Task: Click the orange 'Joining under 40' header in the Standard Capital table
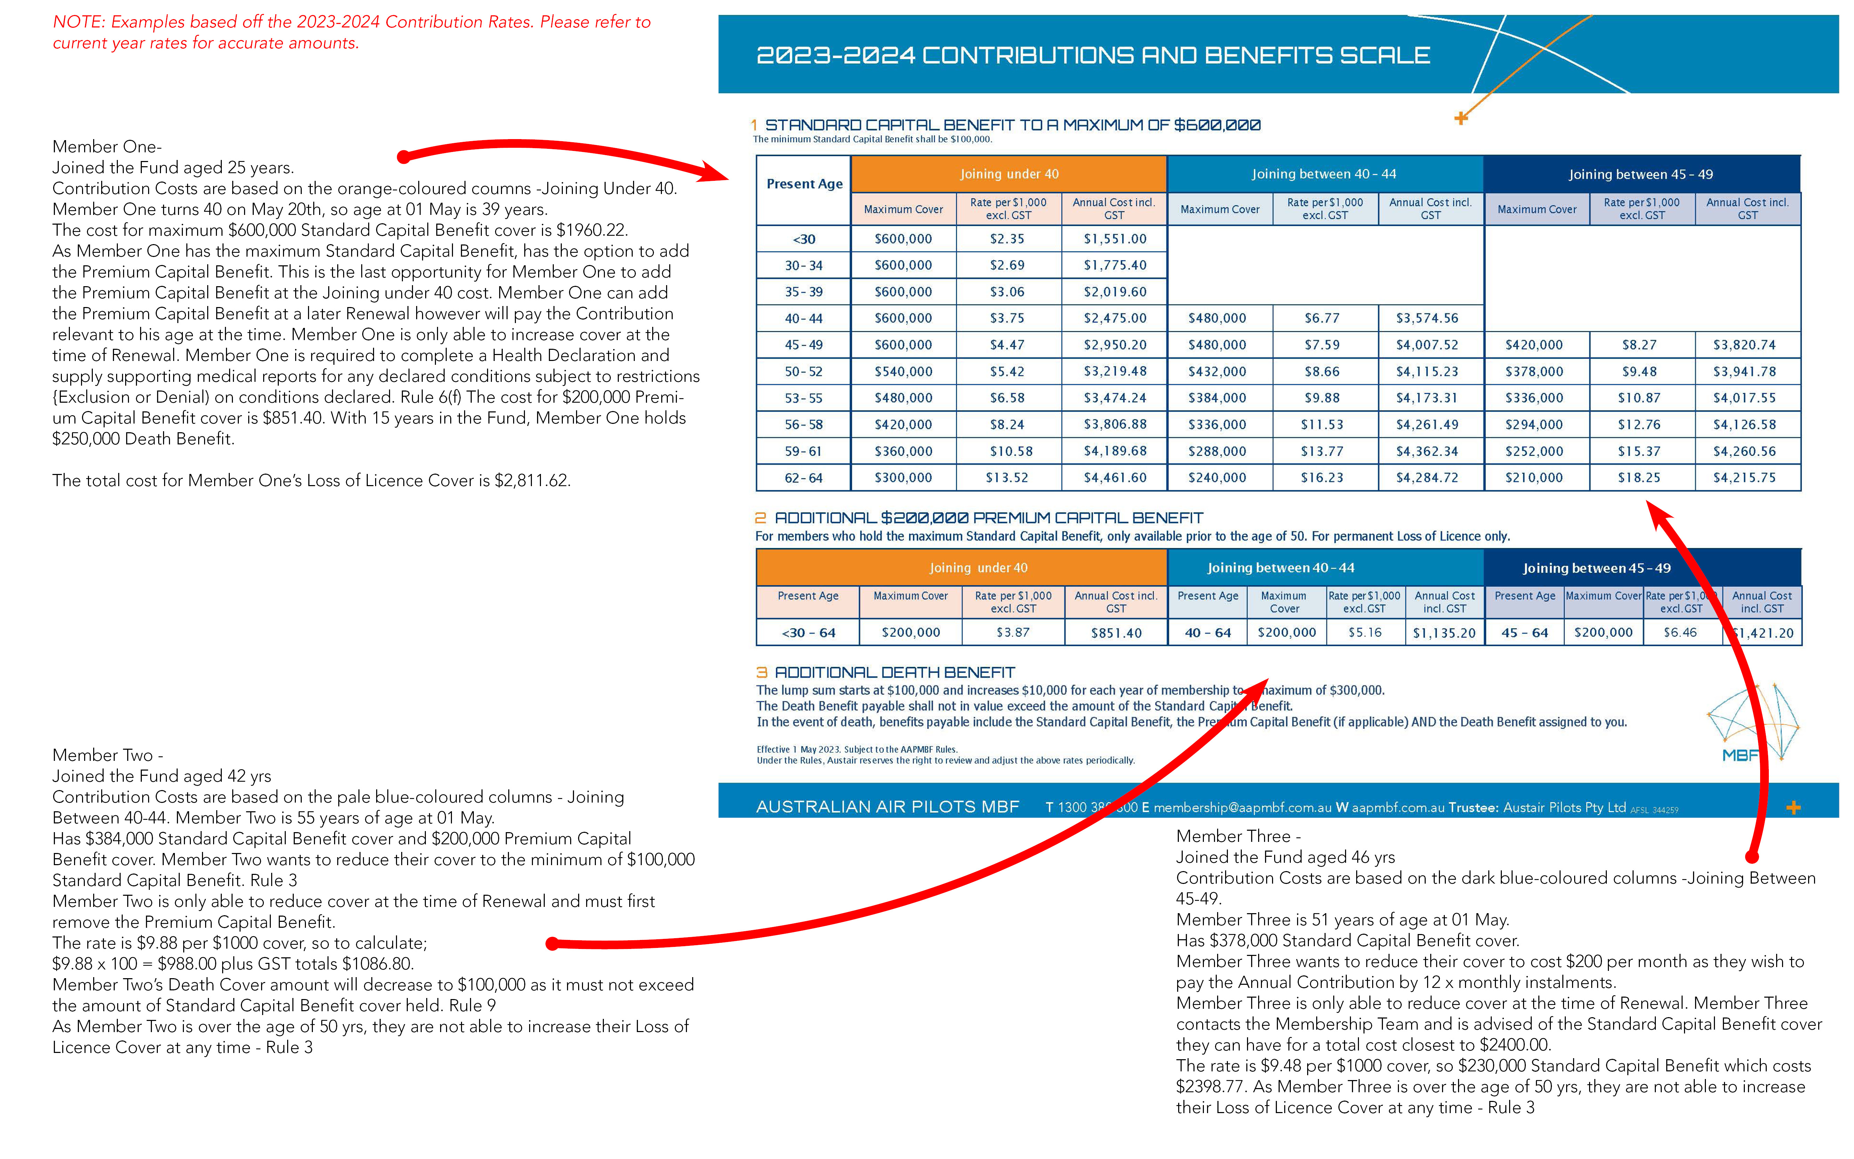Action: [x=1009, y=174]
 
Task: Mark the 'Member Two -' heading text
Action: [x=107, y=755]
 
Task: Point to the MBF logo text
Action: [x=1740, y=755]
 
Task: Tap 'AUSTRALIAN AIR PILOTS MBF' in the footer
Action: [x=887, y=807]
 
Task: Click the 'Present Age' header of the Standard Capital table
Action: [x=804, y=184]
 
